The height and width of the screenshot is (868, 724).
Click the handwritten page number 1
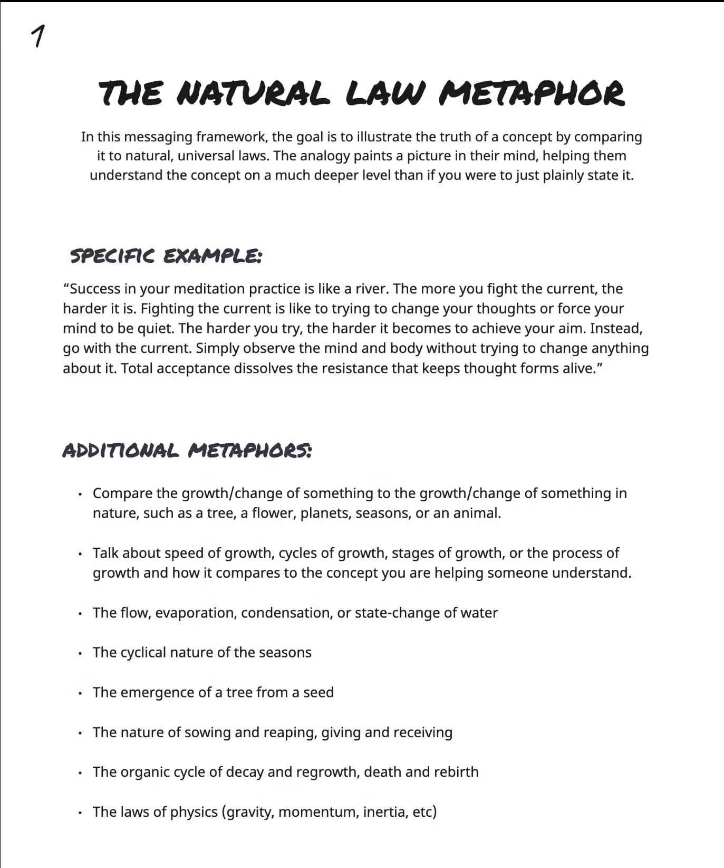click(38, 36)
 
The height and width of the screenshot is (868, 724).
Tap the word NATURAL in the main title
click(253, 93)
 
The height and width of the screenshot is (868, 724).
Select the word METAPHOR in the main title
click(532, 93)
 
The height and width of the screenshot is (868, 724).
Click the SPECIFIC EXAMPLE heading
click(166, 256)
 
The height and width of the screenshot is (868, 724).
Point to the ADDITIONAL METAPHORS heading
click(187, 451)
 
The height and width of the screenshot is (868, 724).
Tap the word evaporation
click(196, 613)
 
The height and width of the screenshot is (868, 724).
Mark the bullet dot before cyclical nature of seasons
click(80, 653)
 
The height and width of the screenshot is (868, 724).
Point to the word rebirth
click(456, 772)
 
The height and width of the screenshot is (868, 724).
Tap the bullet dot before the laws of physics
click(80, 813)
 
